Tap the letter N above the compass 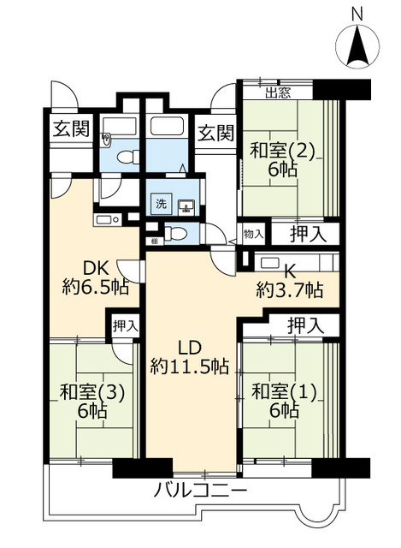357,14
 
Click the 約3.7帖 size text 290,290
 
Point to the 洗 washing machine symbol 161,204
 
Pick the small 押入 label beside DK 124,325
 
